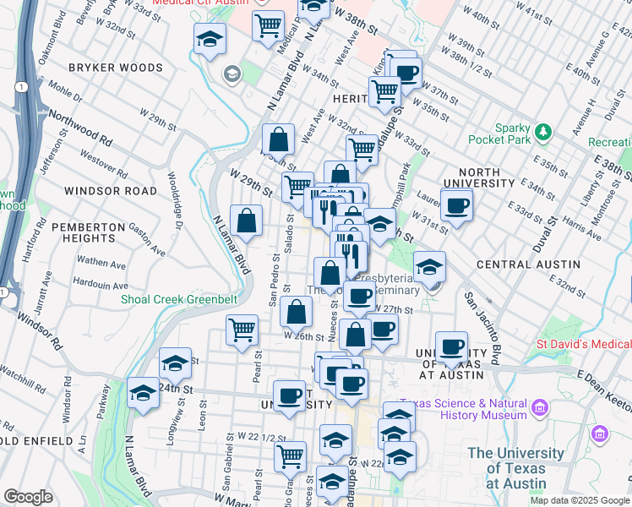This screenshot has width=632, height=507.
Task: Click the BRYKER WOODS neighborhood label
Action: [x=115, y=68]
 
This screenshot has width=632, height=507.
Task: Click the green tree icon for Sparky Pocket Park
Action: [x=543, y=131]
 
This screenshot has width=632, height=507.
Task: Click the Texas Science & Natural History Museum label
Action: [x=464, y=410]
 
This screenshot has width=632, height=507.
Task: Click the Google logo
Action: [x=28, y=497]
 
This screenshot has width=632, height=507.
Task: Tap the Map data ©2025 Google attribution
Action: [x=579, y=500]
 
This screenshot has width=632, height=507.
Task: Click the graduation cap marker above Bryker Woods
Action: [x=209, y=38]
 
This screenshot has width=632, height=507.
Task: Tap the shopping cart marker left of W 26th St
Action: [x=242, y=329]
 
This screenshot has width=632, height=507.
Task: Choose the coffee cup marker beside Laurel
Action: [x=457, y=205]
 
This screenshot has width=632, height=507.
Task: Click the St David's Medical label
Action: [x=584, y=345]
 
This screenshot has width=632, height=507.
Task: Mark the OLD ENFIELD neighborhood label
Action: [x=36, y=441]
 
